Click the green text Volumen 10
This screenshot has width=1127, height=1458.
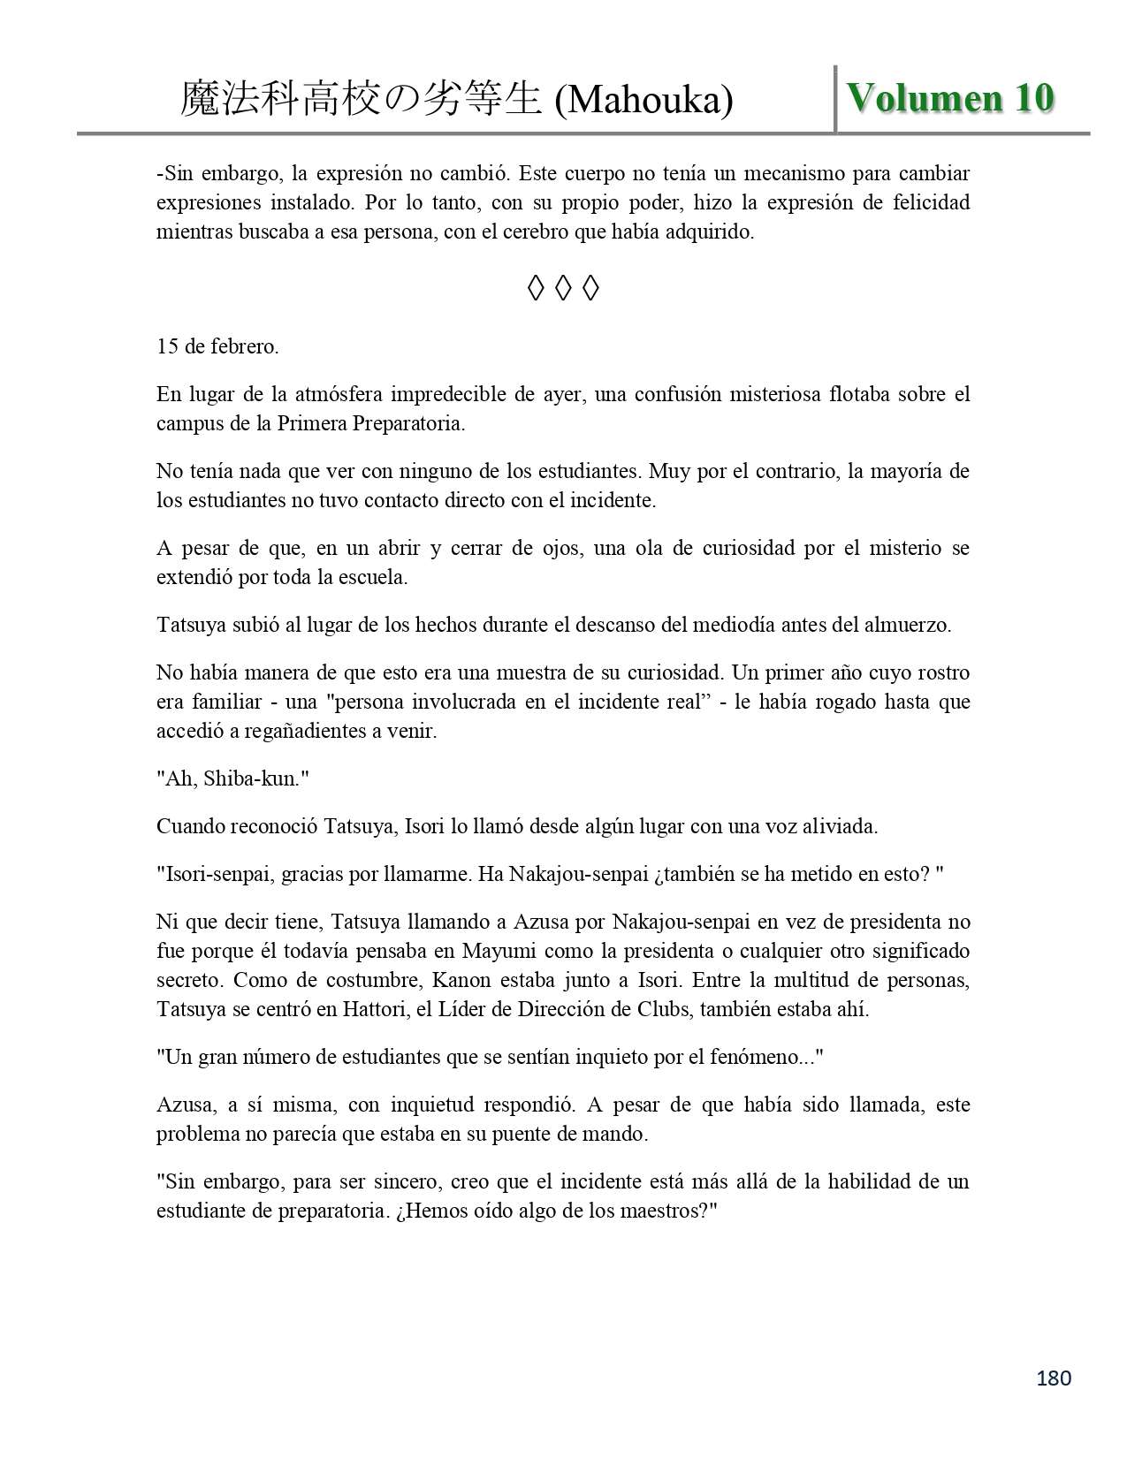pyautogui.click(x=950, y=98)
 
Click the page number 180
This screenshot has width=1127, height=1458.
pyautogui.click(x=1053, y=1378)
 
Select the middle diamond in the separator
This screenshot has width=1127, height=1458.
pyautogui.click(x=563, y=288)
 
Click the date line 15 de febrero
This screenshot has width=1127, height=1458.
pyautogui.click(x=217, y=346)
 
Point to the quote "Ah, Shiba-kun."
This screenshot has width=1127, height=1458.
pyautogui.click(x=232, y=778)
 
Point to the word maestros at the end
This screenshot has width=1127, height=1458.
pyautogui.click(x=667, y=1211)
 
